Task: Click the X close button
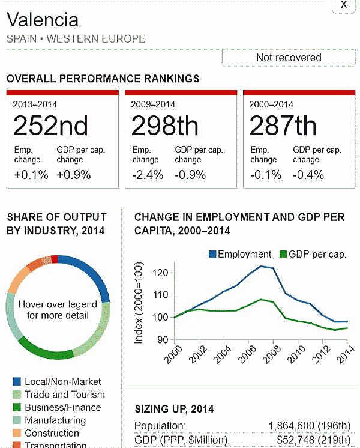(x=344, y=5)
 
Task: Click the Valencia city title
(x=43, y=20)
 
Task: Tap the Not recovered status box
(x=289, y=58)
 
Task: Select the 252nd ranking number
(x=51, y=126)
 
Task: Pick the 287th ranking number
(x=283, y=126)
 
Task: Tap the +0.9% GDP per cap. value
(x=74, y=175)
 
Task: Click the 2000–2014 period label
(x=272, y=104)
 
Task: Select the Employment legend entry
(x=240, y=254)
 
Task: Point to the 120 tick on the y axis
(x=160, y=273)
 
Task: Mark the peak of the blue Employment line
(x=262, y=266)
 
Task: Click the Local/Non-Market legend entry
(x=62, y=381)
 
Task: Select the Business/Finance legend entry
(x=62, y=407)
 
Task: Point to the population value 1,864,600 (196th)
(x=309, y=426)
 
